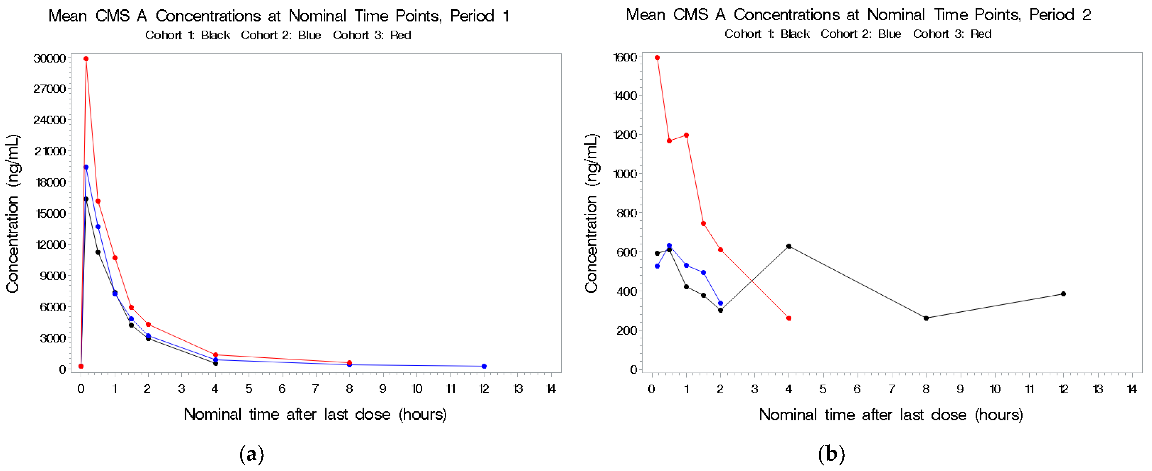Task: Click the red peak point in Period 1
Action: pos(86,59)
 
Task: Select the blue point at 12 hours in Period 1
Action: pos(484,366)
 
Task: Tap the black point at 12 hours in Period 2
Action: pos(1063,294)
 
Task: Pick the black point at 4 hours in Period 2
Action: pos(789,246)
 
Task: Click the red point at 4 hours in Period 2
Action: pos(789,318)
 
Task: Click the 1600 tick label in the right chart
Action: pos(625,57)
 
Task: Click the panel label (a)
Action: pos(252,455)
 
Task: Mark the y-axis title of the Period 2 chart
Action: pos(591,213)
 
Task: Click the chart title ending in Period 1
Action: pos(279,16)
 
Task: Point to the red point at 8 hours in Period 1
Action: pos(349,363)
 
